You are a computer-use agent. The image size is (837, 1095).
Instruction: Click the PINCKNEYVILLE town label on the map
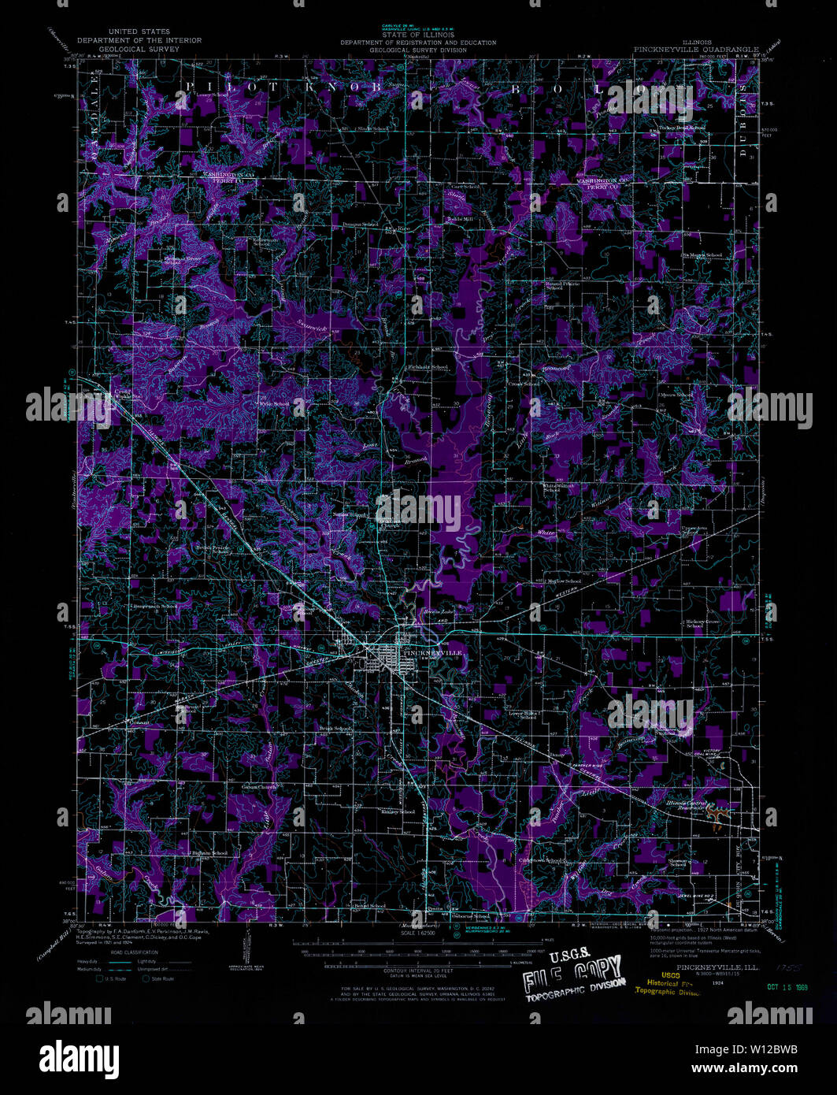coord(429,653)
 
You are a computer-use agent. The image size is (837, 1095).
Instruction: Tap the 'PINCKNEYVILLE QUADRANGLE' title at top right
coord(696,49)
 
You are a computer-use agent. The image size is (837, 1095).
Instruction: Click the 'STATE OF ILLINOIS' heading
coord(406,35)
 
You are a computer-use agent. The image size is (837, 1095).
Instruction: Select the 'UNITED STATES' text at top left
coord(139,32)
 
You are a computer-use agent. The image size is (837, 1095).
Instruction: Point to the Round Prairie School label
coord(562,285)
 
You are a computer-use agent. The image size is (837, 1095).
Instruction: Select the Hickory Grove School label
coord(702,623)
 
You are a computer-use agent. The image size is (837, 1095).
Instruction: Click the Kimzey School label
coord(397,811)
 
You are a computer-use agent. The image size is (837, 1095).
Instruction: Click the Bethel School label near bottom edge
coord(369,906)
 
